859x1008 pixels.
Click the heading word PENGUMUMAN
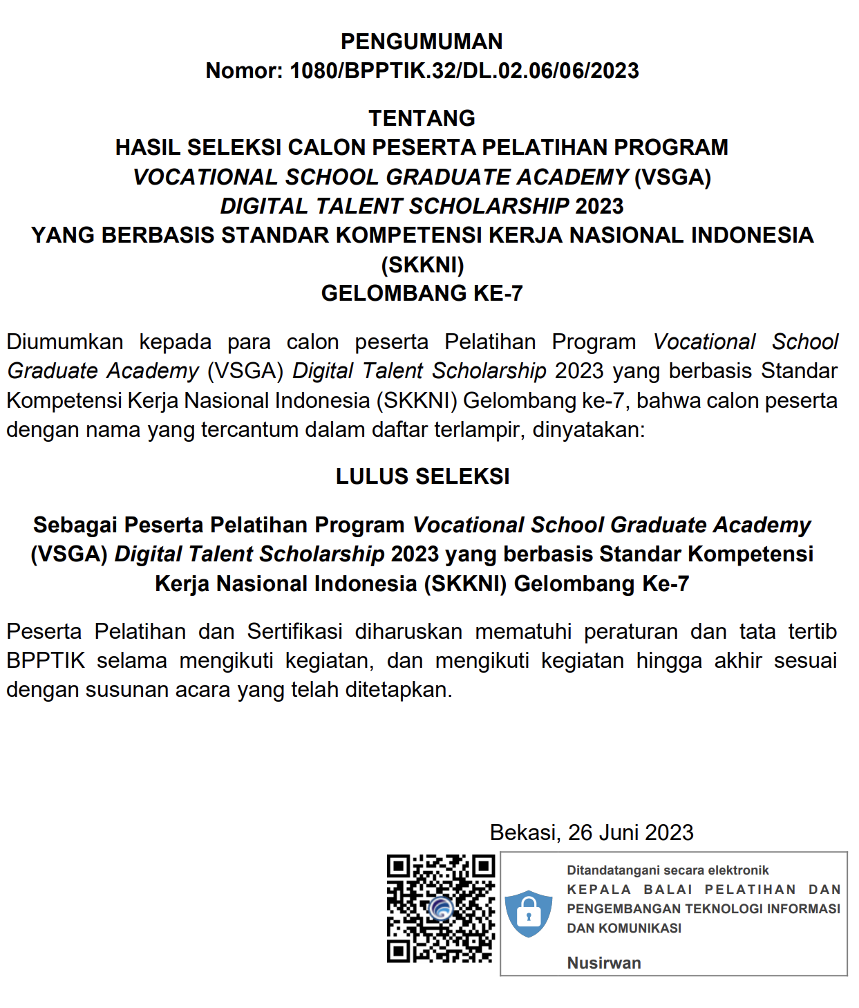point(422,41)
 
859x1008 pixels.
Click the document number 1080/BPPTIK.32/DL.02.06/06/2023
point(464,71)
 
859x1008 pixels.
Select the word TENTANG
point(422,118)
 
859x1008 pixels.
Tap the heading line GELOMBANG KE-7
point(422,293)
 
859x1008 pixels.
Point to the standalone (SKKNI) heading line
point(422,264)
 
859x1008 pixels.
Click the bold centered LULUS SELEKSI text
point(422,476)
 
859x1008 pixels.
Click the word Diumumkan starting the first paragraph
point(65,342)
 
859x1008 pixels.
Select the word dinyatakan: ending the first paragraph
point(588,430)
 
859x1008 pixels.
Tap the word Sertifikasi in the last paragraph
point(294,631)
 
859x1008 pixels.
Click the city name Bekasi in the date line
point(524,832)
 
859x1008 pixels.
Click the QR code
point(441,908)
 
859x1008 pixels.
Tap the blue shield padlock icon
point(529,913)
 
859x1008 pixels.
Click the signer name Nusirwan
point(604,963)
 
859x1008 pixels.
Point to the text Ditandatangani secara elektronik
point(668,870)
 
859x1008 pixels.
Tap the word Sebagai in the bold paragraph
point(75,525)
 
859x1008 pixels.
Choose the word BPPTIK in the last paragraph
point(46,661)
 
